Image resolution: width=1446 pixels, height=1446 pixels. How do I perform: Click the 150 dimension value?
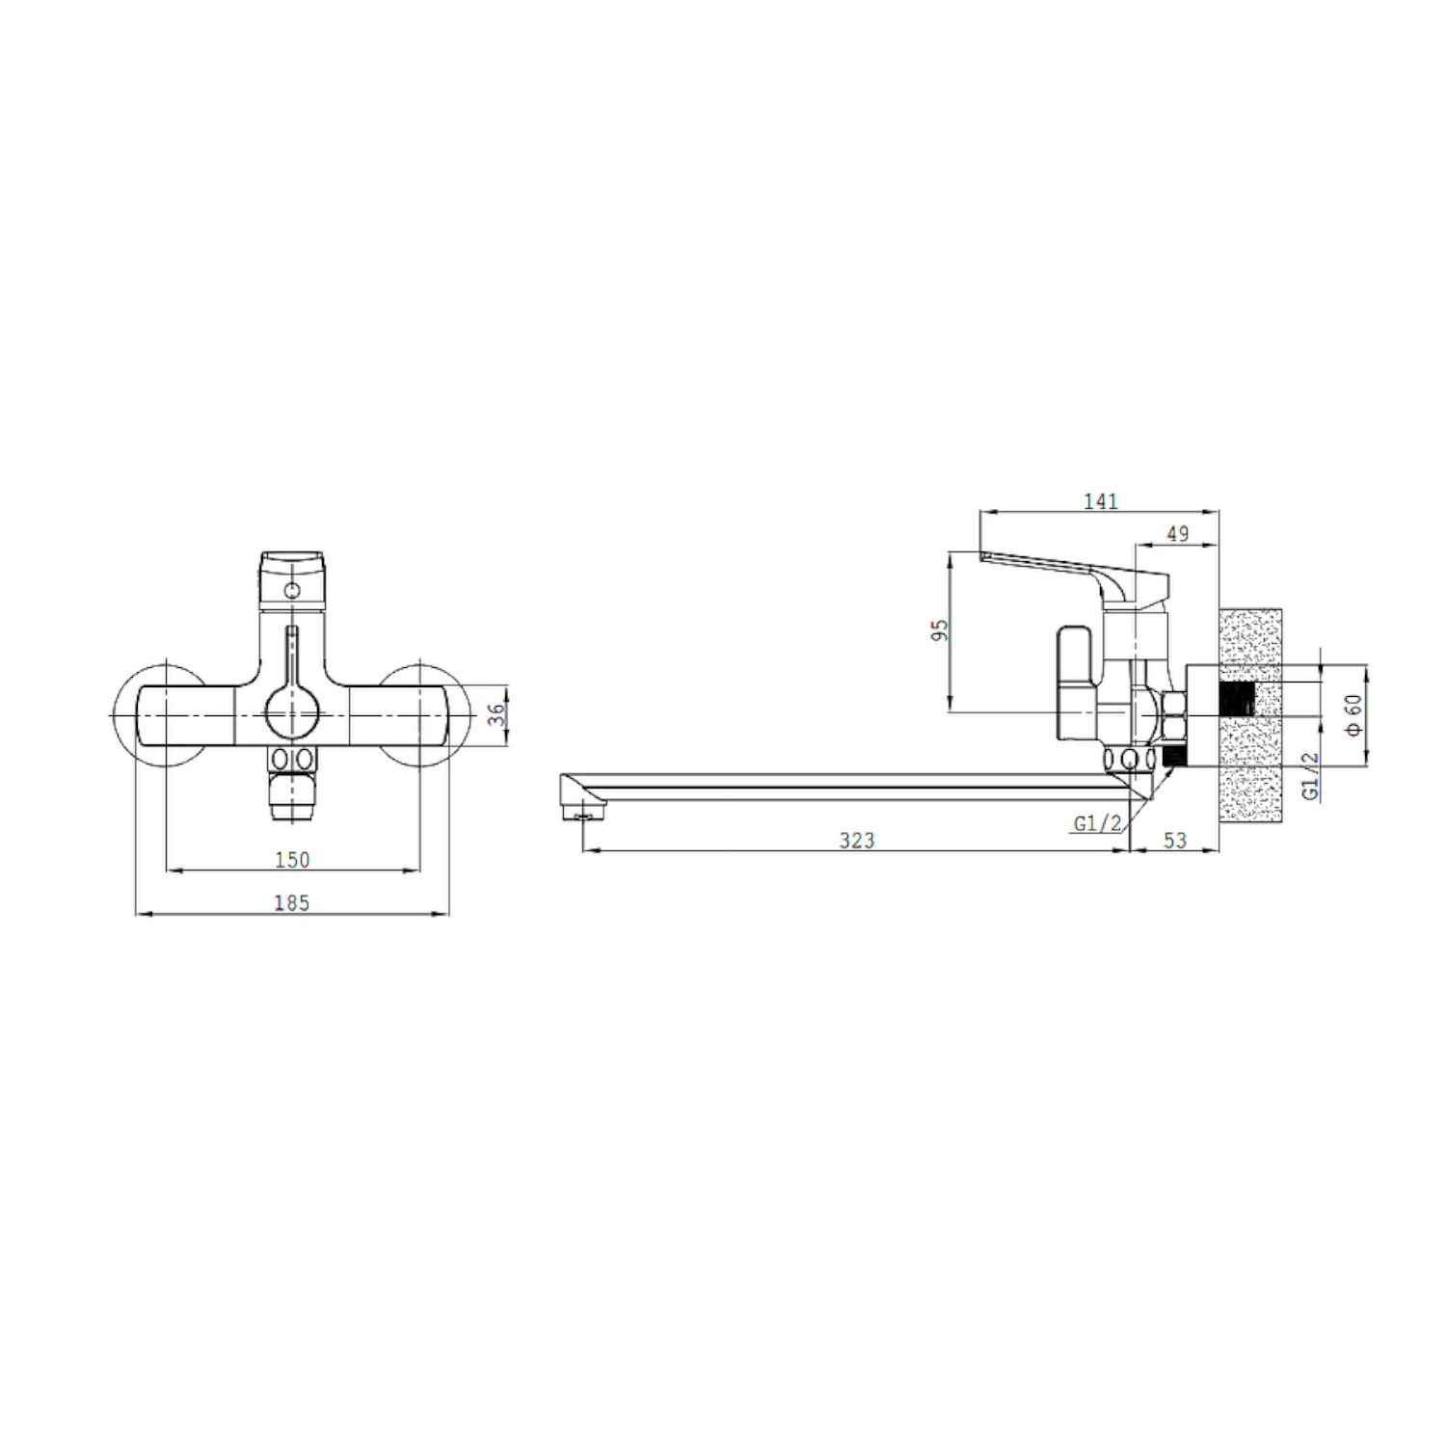(292, 859)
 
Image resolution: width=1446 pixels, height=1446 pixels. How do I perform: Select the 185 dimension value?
(292, 902)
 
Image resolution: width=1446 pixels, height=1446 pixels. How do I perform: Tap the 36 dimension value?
(496, 714)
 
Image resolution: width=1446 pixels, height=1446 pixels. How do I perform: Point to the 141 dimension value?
(1100, 501)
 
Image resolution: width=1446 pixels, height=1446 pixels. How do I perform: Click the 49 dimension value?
(1177, 533)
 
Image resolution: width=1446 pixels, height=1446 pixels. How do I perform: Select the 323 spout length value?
(856, 841)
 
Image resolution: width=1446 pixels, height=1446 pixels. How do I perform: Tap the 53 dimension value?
(1174, 841)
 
